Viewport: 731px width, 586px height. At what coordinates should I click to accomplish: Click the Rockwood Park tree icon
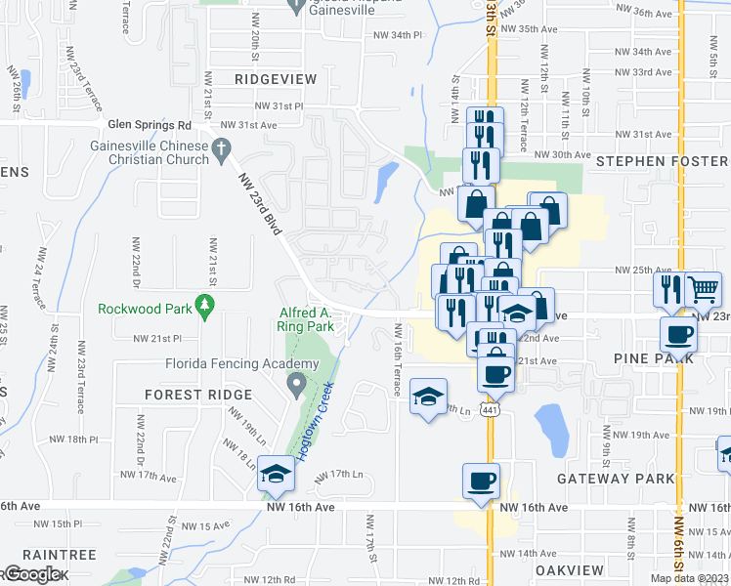click(x=204, y=307)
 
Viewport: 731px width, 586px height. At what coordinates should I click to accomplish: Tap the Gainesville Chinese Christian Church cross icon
click(x=222, y=149)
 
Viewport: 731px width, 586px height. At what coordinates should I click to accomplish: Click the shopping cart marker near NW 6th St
click(x=703, y=288)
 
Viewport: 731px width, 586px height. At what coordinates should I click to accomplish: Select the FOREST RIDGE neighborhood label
click(x=198, y=395)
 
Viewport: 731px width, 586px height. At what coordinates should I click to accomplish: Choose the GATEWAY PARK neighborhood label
click(x=616, y=479)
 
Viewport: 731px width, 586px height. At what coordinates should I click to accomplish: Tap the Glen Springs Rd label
click(x=150, y=125)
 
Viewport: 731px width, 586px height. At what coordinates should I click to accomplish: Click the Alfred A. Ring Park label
click(x=305, y=319)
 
